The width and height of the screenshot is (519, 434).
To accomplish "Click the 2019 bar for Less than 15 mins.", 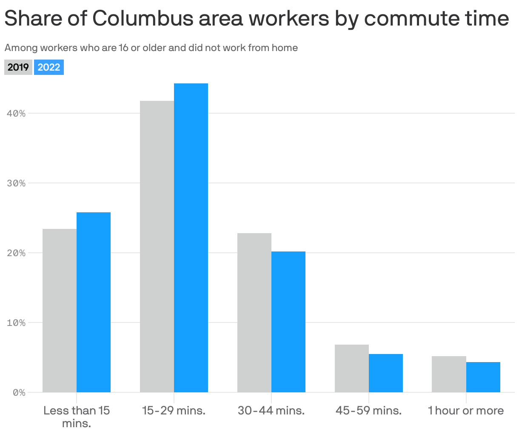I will click(x=60, y=311).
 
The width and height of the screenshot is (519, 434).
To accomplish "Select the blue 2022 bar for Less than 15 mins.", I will click(x=94, y=302).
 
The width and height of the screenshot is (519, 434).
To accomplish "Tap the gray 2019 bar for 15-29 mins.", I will click(x=157, y=246).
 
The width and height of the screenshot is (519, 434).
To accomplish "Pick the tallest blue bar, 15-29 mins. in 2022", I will click(x=191, y=238).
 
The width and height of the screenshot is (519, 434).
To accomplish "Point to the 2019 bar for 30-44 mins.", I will click(x=254, y=313).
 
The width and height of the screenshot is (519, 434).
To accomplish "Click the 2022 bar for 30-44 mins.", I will click(x=288, y=322).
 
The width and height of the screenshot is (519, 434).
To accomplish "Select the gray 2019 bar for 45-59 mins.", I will click(x=352, y=368).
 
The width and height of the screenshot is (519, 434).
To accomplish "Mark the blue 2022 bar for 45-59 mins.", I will click(x=386, y=373).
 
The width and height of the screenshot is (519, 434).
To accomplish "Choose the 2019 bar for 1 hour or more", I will click(x=449, y=374).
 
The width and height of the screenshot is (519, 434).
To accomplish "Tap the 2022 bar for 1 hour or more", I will click(x=483, y=377).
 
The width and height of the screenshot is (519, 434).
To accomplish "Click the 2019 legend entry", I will click(x=18, y=67).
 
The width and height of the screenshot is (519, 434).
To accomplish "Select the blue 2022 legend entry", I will click(x=49, y=67).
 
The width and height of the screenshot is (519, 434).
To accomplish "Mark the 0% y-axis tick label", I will click(x=19, y=393).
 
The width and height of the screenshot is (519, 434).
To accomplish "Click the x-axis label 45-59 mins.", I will click(x=368, y=411).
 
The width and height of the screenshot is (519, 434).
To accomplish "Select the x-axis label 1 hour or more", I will click(x=466, y=411).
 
